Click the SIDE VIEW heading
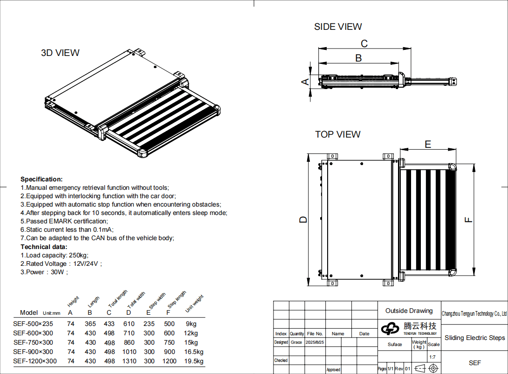[x=338, y=27]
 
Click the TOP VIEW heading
[x=338, y=134]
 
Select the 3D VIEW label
[x=60, y=53]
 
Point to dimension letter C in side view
[x=364, y=43]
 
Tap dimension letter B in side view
[x=358, y=58]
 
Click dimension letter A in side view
[x=305, y=82]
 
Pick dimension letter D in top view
[x=303, y=219]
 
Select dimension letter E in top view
[x=428, y=145]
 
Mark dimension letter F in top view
[x=468, y=219]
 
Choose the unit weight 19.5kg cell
[x=194, y=361]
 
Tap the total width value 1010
[x=129, y=352]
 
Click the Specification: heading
[x=41, y=179]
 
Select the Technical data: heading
[x=44, y=247]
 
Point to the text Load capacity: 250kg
[x=54, y=255]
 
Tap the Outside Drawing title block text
[x=409, y=311]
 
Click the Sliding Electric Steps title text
[x=474, y=338]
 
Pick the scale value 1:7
[x=432, y=357]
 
